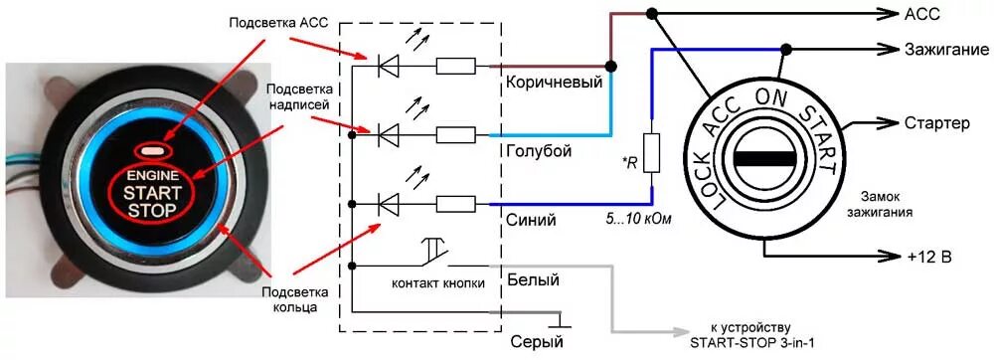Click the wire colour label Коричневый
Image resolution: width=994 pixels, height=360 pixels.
tap(553, 83)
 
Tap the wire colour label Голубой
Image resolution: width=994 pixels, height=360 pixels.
tap(538, 150)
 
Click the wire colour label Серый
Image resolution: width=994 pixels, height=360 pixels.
tap(532, 341)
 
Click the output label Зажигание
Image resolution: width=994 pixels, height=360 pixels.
tap(943, 49)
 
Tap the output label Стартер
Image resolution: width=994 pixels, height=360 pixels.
tap(937, 123)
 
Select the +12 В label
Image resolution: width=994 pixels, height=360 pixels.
tap(929, 258)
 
